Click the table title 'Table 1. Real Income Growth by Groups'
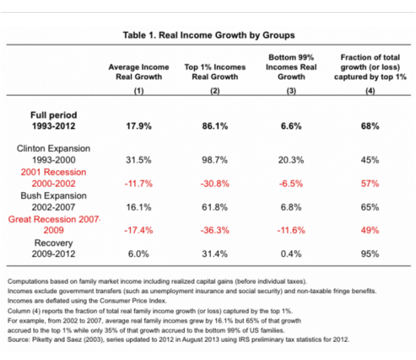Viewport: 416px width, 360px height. [x=209, y=35]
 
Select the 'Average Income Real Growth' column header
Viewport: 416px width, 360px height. [x=139, y=72]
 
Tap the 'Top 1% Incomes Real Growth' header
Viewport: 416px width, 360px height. [x=215, y=72]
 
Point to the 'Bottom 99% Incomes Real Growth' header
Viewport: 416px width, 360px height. [x=291, y=67]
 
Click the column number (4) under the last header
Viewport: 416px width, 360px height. [x=370, y=91]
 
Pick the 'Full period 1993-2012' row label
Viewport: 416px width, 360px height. [x=54, y=120]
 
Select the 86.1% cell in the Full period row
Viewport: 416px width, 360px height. [x=215, y=126]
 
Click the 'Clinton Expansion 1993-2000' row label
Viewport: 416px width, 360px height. [x=54, y=155]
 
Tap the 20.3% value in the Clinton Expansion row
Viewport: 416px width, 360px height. [x=291, y=160]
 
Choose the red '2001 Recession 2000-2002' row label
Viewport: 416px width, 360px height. [x=54, y=177]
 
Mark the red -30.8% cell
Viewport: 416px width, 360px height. [x=215, y=184]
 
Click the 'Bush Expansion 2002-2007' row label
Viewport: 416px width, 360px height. [x=54, y=201]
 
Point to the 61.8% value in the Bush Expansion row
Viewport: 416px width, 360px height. [x=214, y=207]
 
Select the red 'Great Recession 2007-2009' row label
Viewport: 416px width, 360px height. [x=54, y=225]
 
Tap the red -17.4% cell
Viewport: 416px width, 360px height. [x=139, y=230]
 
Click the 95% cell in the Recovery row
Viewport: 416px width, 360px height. [x=370, y=254]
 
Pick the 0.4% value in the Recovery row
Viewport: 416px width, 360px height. [x=291, y=254]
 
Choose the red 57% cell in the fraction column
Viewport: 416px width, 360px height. [x=370, y=184]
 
